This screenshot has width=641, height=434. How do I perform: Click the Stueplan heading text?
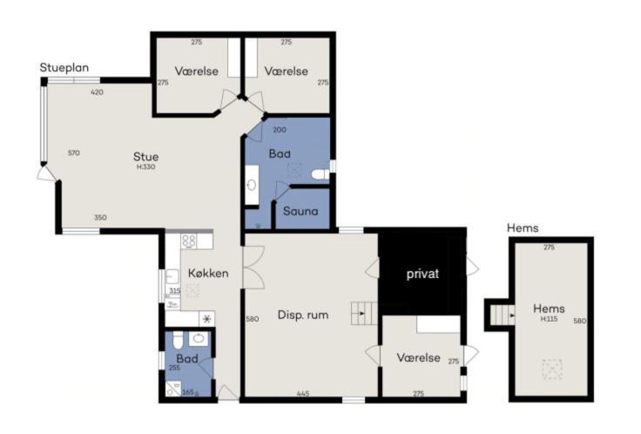click(x=64, y=68)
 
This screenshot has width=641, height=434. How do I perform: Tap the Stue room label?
click(x=146, y=157)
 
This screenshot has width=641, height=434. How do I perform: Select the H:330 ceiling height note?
click(x=146, y=167)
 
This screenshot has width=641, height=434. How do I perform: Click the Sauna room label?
click(x=300, y=212)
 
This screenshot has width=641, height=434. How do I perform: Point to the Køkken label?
click(x=208, y=274)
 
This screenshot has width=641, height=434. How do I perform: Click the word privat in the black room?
click(x=422, y=274)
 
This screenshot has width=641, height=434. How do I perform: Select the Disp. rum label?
click(x=303, y=315)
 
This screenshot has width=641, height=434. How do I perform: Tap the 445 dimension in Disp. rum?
click(x=303, y=394)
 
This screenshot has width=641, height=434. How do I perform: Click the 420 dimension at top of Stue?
click(x=97, y=92)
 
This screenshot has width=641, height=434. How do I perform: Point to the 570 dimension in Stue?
click(x=73, y=153)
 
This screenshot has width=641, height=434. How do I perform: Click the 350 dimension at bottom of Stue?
click(x=100, y=218)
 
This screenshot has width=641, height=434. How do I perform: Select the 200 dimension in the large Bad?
click(x=280, y=130)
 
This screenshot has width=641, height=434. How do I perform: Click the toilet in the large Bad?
click(x=320, y=175)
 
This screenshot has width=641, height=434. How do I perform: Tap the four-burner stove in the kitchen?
click(x=189, y=241)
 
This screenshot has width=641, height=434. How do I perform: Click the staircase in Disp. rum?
click(x=364, y=314)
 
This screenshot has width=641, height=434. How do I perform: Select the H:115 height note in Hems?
click(x=549, y=319)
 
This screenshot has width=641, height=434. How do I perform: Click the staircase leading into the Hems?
click(x=502, y=315)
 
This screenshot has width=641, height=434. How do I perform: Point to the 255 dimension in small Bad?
click(x=174, y=368)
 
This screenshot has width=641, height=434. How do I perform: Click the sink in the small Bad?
click(x=199, y=338)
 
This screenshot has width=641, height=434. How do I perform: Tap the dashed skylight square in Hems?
click(x=552, y=370)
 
